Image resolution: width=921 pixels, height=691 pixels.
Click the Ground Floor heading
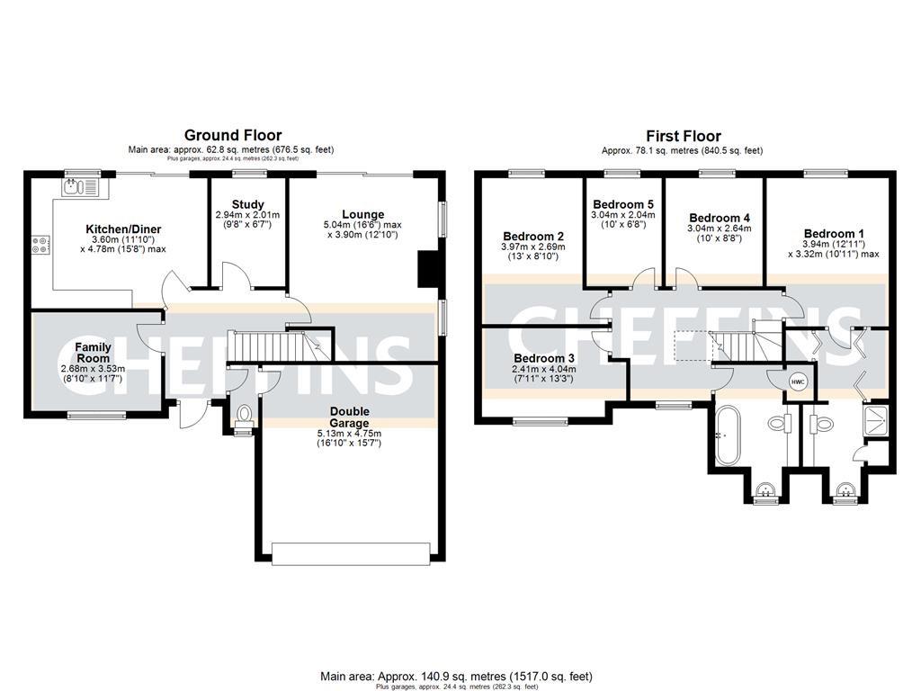233,136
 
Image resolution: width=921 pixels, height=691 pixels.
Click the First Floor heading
683,136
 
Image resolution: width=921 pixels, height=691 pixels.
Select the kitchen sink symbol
81,186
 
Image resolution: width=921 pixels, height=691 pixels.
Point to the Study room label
247,204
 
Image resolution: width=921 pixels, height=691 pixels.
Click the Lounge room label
363,213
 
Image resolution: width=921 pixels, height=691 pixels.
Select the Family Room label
93,352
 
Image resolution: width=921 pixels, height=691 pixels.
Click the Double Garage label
348,417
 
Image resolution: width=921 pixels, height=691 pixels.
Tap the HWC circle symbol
797,382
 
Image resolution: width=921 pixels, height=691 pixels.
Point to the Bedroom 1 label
833,233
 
